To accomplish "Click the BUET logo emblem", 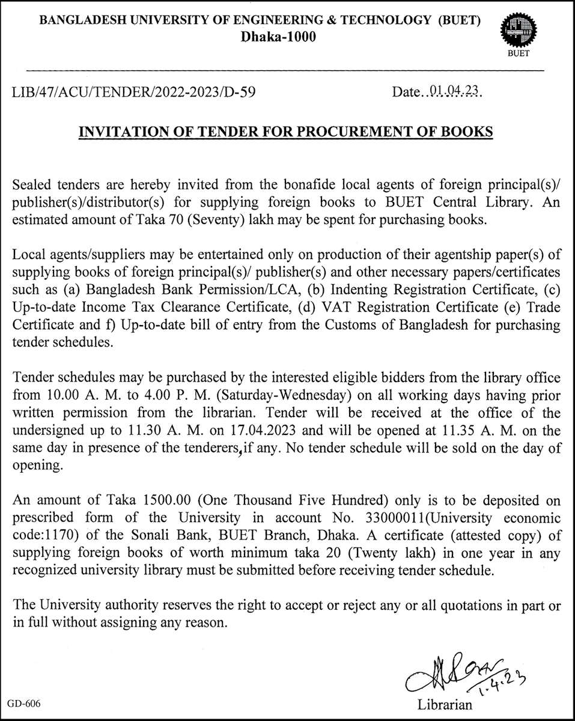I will [521, 32].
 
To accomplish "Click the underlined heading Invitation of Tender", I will [287, 132].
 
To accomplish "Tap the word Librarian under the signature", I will [445, 704].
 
